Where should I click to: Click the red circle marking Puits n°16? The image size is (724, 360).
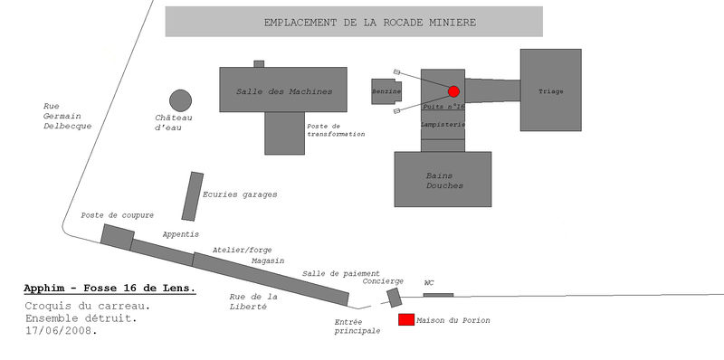[453, 91]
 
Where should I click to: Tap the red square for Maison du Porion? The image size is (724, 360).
[406, 320]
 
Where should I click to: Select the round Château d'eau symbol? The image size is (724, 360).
[180, 100]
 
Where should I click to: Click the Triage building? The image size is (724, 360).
[551, 90]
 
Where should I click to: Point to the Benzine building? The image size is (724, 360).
[386, 91]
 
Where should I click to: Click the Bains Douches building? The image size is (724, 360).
[443, 179]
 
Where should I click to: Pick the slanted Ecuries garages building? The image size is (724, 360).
[193, 196]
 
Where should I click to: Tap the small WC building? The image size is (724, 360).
[438, 295]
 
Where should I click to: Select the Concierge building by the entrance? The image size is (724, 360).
[395, 298]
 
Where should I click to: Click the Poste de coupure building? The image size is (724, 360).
[118, 237]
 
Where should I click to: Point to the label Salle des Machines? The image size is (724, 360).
[284, 91]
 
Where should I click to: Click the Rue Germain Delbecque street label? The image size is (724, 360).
[67, 116]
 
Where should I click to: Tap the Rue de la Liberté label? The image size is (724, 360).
[253, 301]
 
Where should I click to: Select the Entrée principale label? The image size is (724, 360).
[357, 327]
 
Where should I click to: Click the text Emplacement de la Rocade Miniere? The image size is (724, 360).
[370, 22]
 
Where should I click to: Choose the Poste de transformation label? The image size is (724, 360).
[336, 129]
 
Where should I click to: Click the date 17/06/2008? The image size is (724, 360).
[62, 331]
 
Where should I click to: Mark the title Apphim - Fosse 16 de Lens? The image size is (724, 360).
[110, 289]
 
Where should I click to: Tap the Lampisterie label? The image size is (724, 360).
[443, 124]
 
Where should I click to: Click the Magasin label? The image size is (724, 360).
[268, 261]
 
